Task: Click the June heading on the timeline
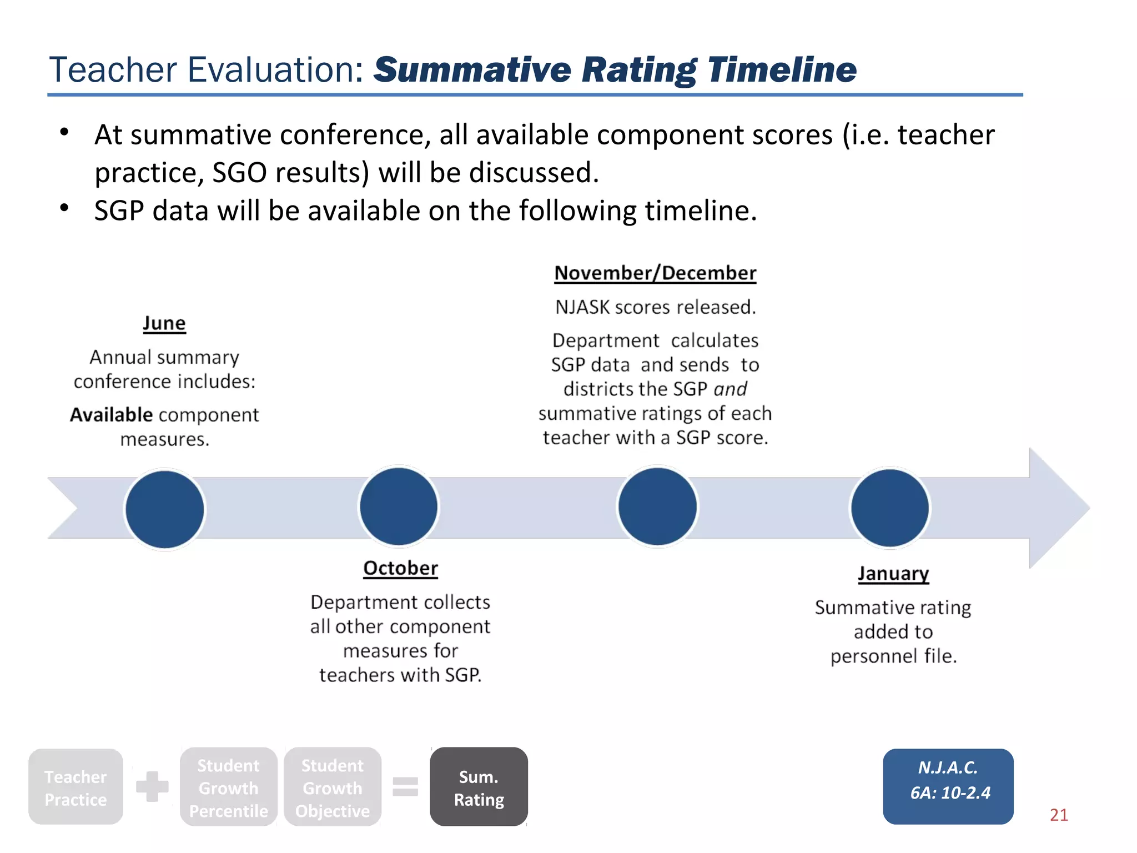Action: [x=164, y=323]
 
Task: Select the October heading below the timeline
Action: [x=400, y=568]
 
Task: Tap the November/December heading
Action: [x=655, y=273]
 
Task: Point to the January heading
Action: [x=893, y=573]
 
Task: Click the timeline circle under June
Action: [x=165, y=509]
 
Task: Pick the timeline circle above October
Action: [x=399, y=506]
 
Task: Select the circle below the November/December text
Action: [x=657, y=506]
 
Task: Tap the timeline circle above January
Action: [x=890, y=508]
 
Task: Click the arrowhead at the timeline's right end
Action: [x=1058, y=508]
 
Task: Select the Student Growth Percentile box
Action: [x=228, y=787]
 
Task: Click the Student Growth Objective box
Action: [x=333, y=787]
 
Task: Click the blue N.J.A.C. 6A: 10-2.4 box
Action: [x=948, y=786]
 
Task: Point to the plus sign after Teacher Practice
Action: [x=152, y=786]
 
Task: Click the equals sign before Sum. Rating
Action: [x=405, y=786]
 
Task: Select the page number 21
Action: [x=1059, y=815]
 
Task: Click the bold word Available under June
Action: [x=111, y=415]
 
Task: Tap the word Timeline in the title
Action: [x=782, y=70]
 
